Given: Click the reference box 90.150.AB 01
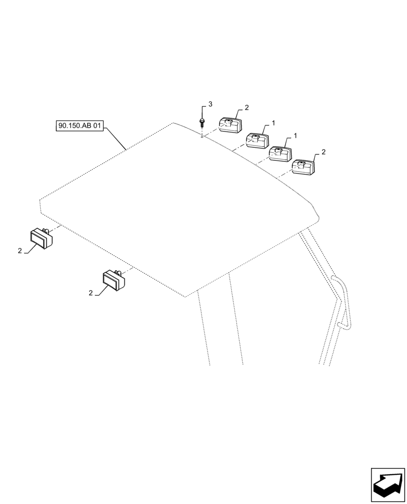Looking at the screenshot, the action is [80, 125].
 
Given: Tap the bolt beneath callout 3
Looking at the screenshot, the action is [201, 122].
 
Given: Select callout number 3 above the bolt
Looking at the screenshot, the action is [210, 104].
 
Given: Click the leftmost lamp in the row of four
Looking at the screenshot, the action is [230, 125].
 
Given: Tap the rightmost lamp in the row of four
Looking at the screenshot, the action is [303, 167].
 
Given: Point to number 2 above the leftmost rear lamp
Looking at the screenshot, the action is [246, 107].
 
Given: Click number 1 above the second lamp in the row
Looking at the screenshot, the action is [273, 122].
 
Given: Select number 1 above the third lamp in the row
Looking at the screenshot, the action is [295, 136].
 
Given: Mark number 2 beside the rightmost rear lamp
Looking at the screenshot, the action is [323, 152].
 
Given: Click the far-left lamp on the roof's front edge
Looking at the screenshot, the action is [41, 238].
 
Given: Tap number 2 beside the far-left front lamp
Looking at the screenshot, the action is [20, 251].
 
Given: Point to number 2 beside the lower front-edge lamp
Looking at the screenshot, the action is [91, 293].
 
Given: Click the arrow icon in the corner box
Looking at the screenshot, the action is [388, 485].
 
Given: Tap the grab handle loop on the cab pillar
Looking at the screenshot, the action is [342, 302].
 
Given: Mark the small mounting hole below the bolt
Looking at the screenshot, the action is [201, 135].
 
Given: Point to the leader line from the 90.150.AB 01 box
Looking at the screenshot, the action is [115, 139].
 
